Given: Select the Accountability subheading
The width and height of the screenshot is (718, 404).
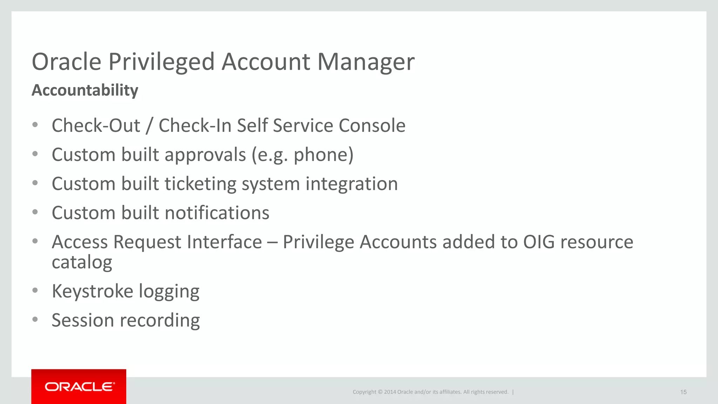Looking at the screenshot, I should click(85, 90).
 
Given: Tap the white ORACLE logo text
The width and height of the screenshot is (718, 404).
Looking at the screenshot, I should click(80, 386).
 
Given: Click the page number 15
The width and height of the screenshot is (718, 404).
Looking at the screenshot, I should click(683, 392).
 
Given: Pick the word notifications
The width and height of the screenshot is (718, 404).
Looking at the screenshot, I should click(217, 213).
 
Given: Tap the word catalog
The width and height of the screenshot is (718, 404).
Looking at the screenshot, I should click(82, 262).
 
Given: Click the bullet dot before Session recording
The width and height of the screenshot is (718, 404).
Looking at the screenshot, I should click(35, 319).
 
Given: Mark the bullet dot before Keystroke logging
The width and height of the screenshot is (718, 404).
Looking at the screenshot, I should click(35, 290).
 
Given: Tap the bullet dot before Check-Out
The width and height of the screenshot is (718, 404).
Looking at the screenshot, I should click(35, 125).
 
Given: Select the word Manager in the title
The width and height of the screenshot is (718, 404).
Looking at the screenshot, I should click(366, 62).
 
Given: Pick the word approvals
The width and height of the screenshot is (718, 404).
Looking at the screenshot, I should click(205, 155).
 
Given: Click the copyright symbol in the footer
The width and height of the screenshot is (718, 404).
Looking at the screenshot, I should click(380, 392).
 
